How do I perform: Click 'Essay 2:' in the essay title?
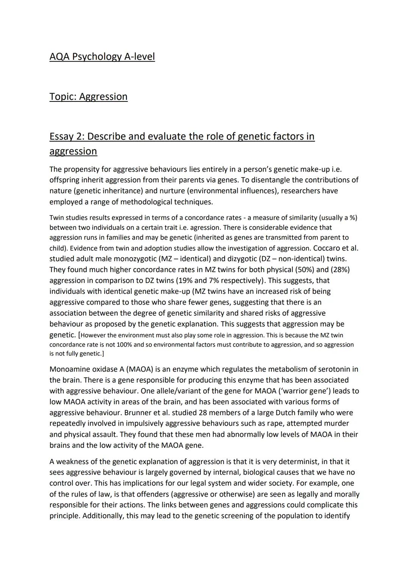tap(67, 136)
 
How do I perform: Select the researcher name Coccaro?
tap(325, 248)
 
